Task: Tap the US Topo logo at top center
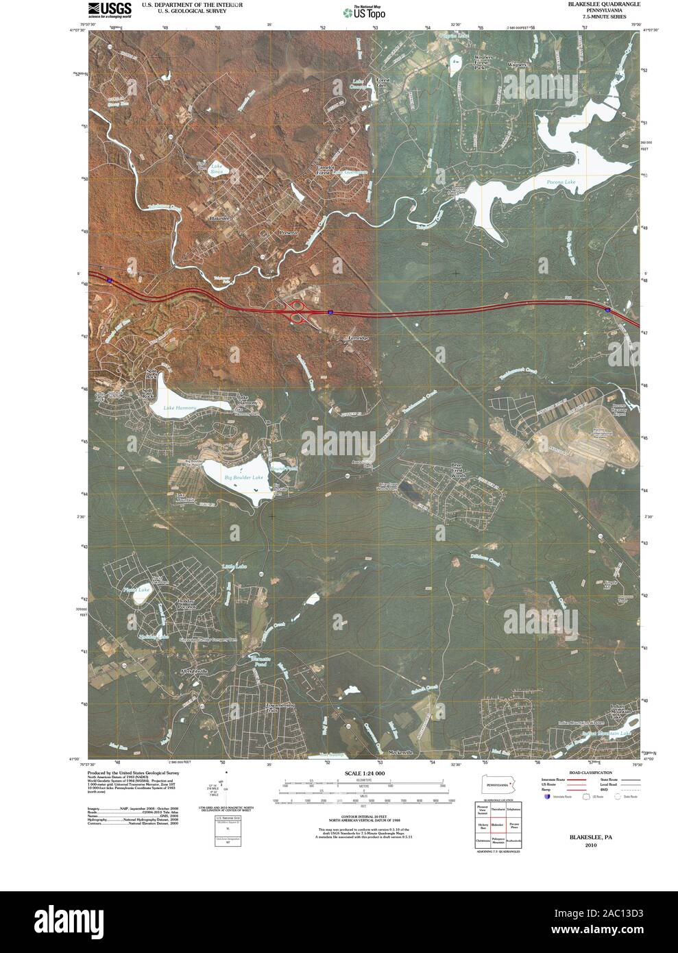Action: click(x=364, y=11)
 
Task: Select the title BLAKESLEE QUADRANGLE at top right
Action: click(x=604, y=4)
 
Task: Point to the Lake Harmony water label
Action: click(x=180, y=408)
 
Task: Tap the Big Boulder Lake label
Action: click(x=243, y=477)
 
